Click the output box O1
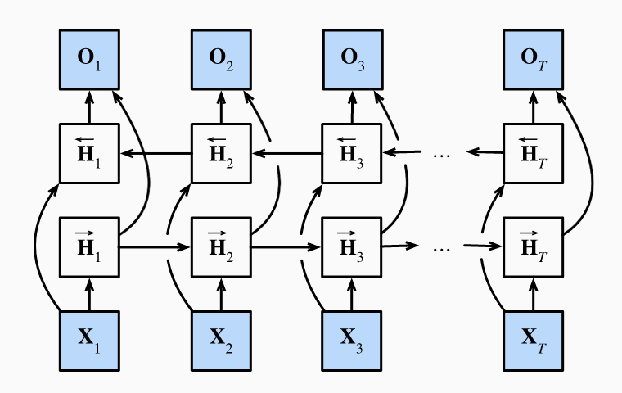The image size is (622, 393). (91, 61)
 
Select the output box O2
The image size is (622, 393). (222, 61)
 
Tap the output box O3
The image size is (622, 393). (353, 61)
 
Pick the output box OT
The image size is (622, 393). (533, 61)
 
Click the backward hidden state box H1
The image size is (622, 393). (91, 153)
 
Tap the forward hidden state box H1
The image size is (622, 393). (91, 246)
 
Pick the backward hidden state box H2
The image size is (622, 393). (222, 153)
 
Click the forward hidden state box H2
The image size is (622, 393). (222, 246)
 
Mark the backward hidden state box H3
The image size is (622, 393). (353, 153)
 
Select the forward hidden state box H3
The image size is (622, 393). (353, 246)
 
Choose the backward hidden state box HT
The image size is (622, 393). (533, 153)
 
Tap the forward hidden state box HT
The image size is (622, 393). (533, 246)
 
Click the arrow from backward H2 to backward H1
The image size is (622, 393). (155, 153)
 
